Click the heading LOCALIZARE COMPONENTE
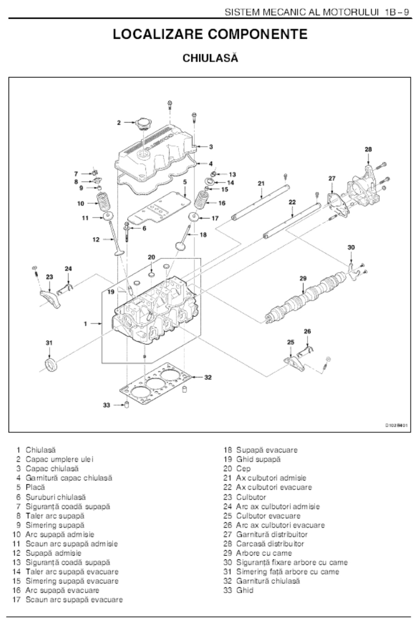click(x=210, y=34)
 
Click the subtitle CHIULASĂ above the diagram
click(x=210, y=58)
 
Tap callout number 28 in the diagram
click(x=368, y=149)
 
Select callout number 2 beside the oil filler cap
click(x=119, y=123)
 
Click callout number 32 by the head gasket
click(x=208, y=377)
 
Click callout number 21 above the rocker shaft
click(x=261, y=183)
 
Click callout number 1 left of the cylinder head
click(x=85, y=324)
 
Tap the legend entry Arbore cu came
click(x=263, y=553)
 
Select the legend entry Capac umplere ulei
click(x=60, y=459)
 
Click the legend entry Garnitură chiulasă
click(x=268, y=581)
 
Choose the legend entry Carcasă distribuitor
click(x=270, y=543)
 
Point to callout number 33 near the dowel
click(x=106, y=405)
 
